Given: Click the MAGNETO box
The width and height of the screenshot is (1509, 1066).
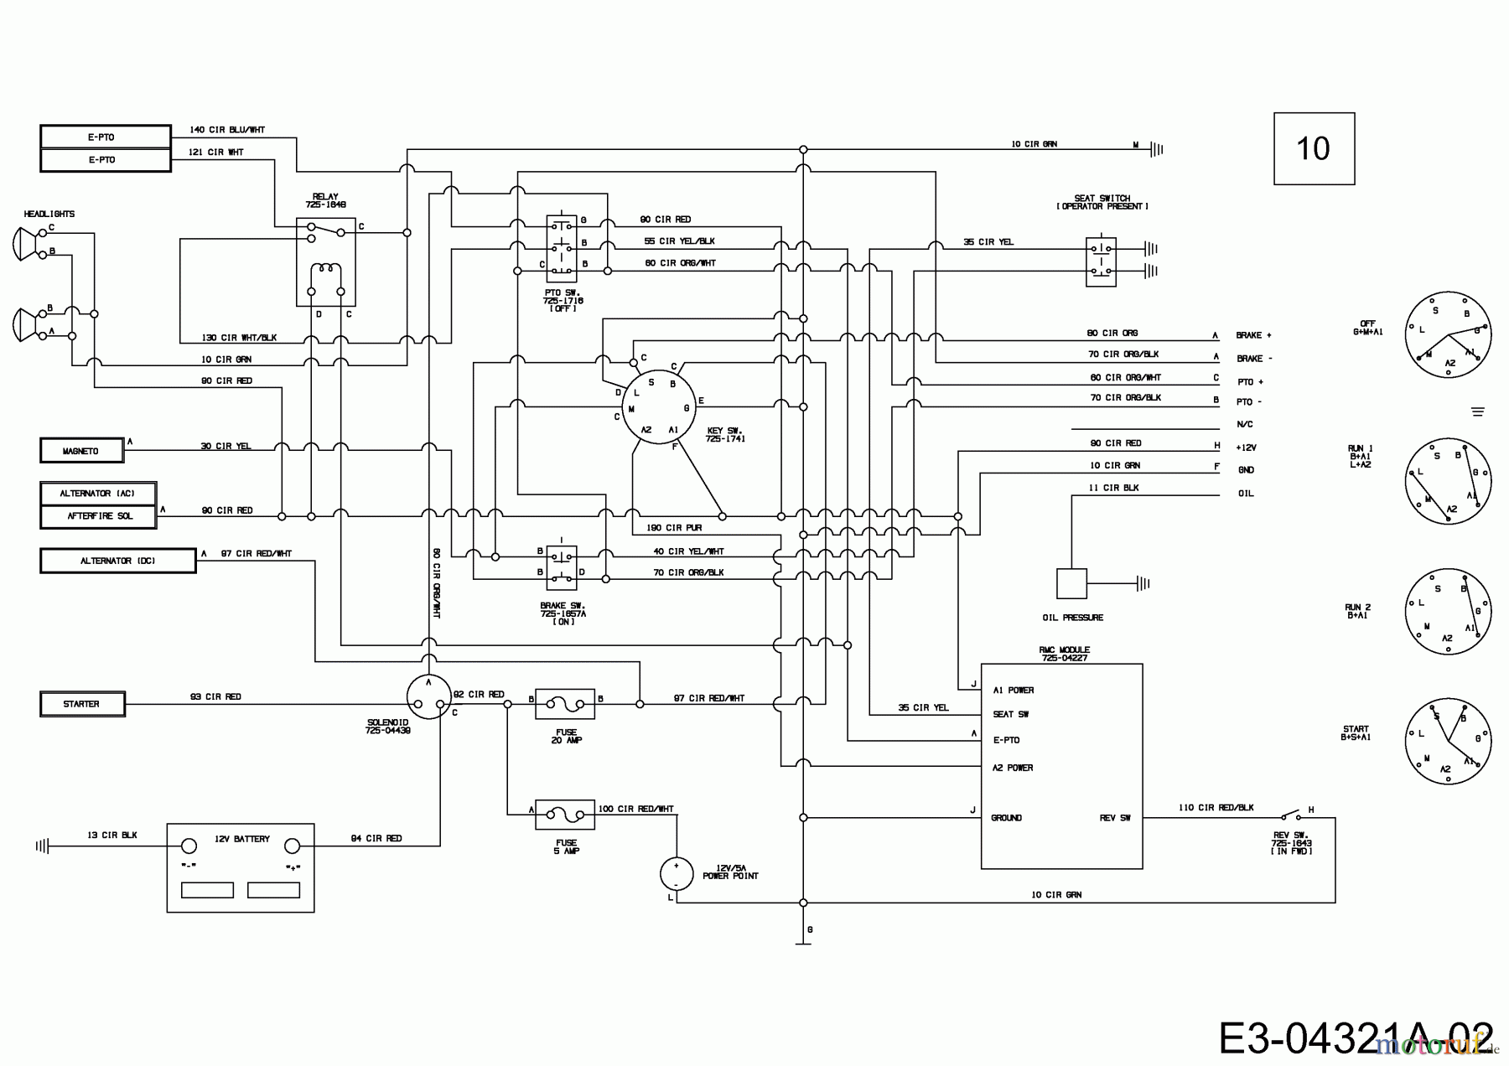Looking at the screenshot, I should [81, 451].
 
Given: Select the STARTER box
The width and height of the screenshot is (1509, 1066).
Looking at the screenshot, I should [82, 704].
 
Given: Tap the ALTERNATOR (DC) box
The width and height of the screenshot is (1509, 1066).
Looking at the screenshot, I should [117, 561].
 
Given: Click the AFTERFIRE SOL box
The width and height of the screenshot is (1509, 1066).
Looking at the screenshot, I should [99, 516].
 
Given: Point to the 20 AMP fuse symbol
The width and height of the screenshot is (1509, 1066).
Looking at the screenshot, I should [565, 704].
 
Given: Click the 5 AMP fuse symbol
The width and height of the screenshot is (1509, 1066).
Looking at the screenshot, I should [565, 814].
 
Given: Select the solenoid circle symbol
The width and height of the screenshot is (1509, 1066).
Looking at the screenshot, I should [428, 697].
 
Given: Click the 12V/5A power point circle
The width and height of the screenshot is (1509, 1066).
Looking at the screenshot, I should [676, 873].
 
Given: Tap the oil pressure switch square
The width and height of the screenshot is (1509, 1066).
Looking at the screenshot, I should [1071, 583].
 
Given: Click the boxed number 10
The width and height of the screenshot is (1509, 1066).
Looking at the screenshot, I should [1314, 149].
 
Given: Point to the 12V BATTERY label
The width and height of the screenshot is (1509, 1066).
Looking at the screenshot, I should [241, 839].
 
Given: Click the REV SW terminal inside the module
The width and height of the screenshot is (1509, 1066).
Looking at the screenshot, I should [1114, 818].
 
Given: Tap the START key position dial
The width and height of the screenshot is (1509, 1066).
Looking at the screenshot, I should [1448, 742].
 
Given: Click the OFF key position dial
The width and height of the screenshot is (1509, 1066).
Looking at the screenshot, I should [1448, 334].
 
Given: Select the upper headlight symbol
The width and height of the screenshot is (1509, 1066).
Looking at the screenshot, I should [28, 243].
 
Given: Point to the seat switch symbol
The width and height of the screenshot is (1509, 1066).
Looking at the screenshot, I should [1101, 261].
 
